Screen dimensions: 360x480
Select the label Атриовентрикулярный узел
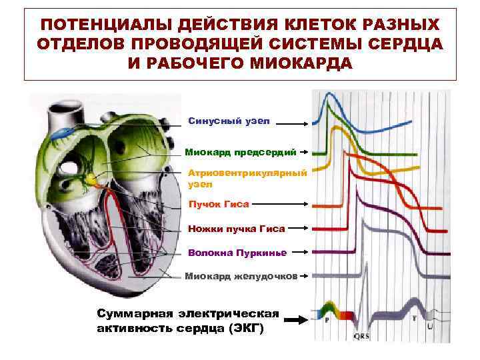(247, 177)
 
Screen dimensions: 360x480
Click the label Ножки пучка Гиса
(236, 229)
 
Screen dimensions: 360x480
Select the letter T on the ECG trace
(414, 319)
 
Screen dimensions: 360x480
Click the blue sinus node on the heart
(59, 133)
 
